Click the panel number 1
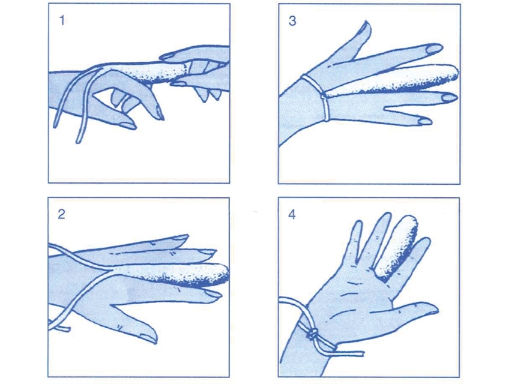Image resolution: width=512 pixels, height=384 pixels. click(62, 20)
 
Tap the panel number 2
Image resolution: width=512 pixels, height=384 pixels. click(61, 214)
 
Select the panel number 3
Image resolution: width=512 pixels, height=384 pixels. click(292, 20)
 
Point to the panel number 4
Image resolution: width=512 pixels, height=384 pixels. click(292, 214)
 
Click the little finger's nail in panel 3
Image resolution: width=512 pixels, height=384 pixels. click(424, 121)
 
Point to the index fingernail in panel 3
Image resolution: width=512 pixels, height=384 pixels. click(435, 49)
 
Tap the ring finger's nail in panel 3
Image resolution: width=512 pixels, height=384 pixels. click(450, 97)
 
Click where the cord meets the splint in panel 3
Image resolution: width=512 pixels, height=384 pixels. click(324, 96)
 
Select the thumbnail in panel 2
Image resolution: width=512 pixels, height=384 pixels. click(146, 336)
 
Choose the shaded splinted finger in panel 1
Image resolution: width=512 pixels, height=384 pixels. click(154, 73)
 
